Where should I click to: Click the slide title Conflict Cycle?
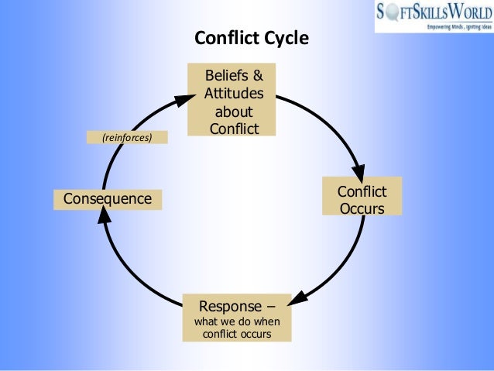251,38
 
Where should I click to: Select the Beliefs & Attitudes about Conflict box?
232,101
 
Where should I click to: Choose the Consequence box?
108,199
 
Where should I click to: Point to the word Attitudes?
233,94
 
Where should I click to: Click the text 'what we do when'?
237,321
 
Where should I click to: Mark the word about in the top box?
233,111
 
